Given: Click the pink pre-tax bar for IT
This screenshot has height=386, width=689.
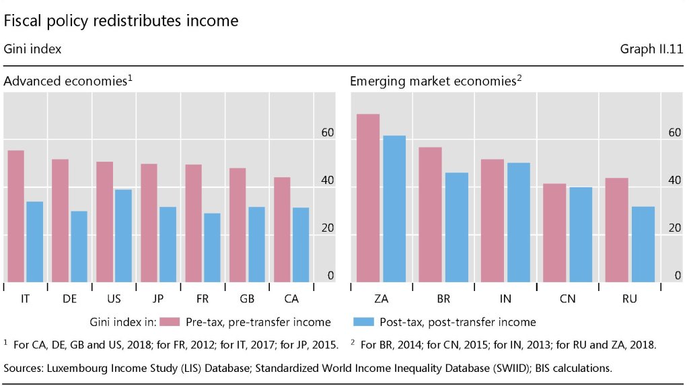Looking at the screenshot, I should (16, 216).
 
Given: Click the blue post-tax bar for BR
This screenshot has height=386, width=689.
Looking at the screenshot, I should (457, 227).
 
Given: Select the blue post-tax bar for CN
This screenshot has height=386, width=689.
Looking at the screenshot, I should (581, 234).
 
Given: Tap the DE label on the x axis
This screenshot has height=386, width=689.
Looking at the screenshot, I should (69, 299).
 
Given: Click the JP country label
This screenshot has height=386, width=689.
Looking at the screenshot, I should (158, 299).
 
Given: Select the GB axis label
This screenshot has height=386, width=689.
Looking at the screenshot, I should (247, 299).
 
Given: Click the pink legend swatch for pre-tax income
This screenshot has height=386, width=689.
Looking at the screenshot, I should (172, 322).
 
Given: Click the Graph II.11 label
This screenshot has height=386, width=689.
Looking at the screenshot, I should (653, 49).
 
